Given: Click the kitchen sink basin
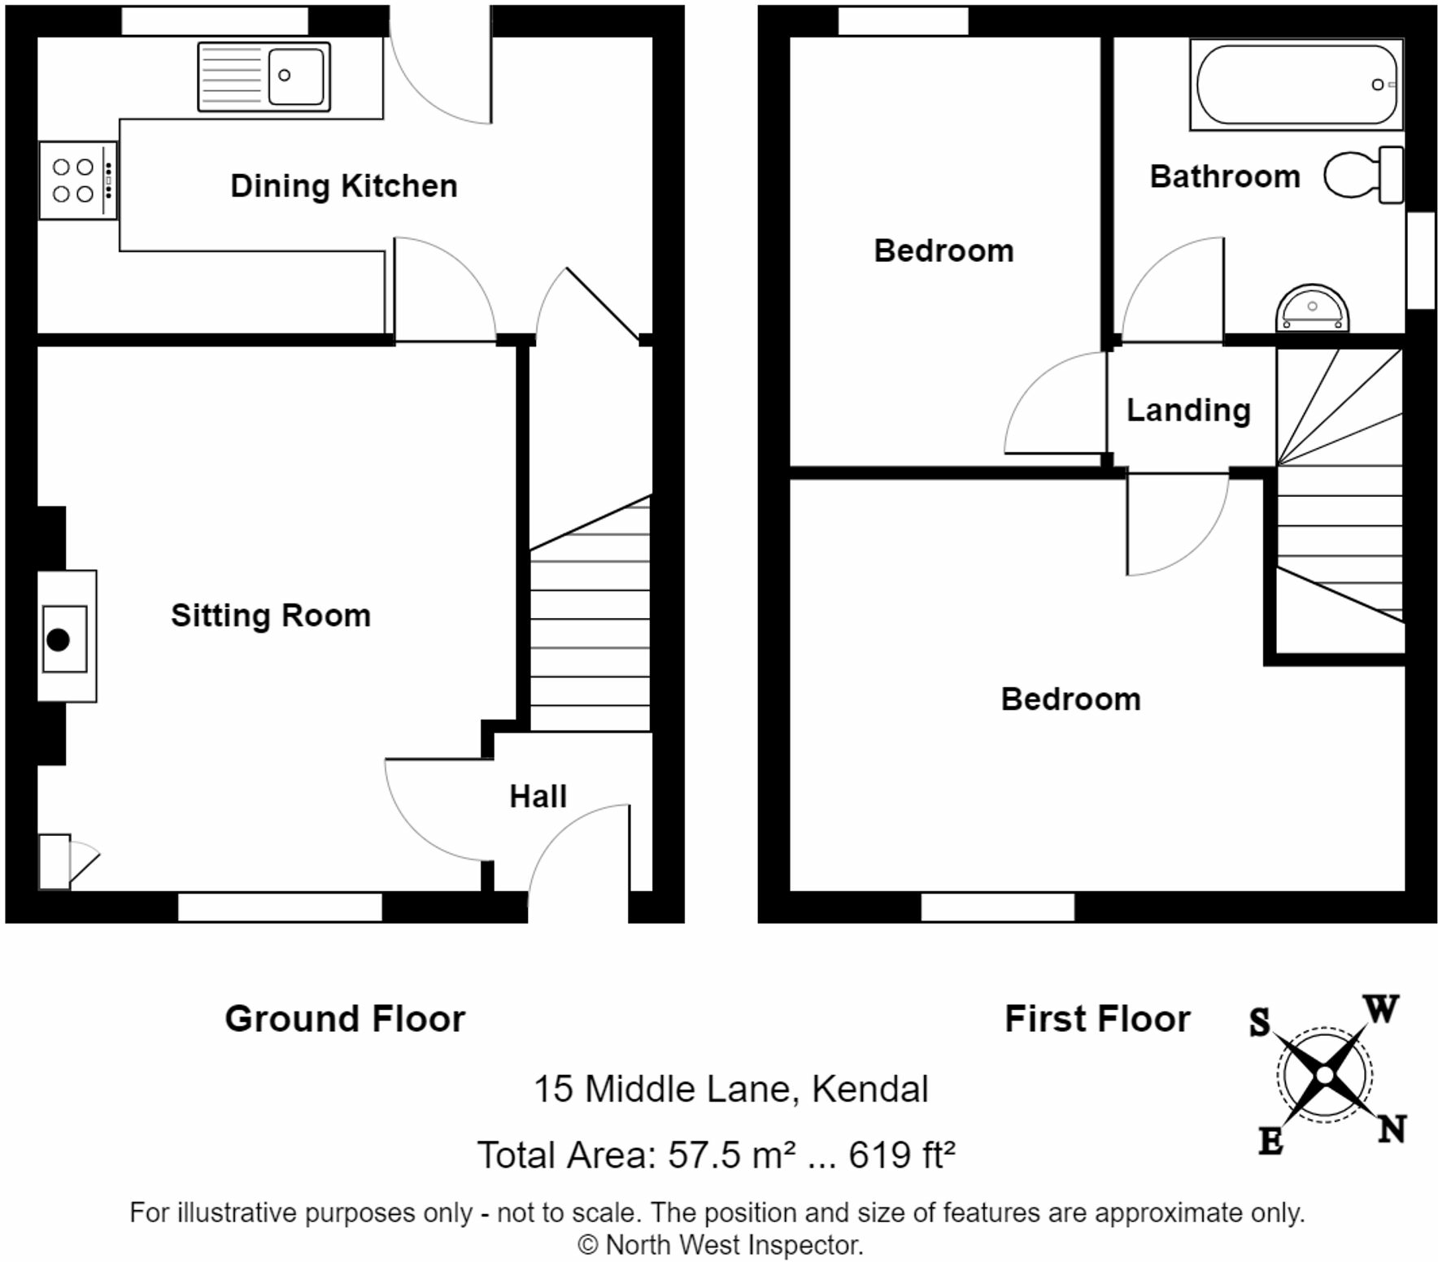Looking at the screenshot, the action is pos(296,76).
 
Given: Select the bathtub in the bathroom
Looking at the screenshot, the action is pos(1296,85).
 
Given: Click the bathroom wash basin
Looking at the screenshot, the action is pos(1312,308).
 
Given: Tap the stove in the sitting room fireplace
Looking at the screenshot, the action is pos(65,638).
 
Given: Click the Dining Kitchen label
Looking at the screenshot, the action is pos(344,186).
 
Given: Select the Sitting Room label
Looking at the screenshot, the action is pos(271,616).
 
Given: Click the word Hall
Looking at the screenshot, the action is pos(538,796).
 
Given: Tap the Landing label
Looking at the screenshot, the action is pos(1188,411).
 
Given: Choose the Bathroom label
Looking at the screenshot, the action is pos(1225,176).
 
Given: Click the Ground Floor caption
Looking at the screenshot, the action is pos(345,1019).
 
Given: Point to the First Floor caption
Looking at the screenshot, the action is pos(1097,1019).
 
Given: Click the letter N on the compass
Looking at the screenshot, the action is pos(1392,1129).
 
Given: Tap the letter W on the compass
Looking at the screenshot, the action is pos(1381,1009).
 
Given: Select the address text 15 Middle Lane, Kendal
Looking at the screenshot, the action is pos(730,1090).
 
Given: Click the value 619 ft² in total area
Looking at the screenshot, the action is pos(902,1155).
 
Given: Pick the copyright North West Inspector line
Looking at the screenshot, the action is pos(720,1245).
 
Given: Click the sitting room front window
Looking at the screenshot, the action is pos(280,907).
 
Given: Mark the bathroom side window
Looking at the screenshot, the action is pos(1421,260).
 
